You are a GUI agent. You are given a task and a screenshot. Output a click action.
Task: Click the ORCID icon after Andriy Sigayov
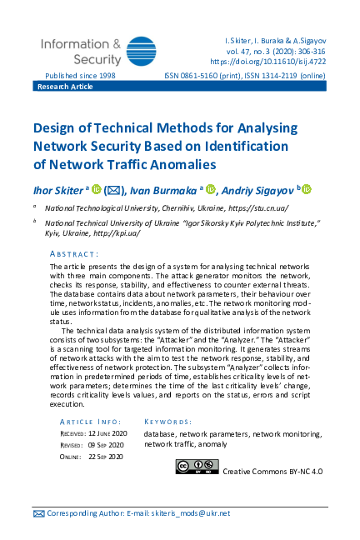click(306, 189)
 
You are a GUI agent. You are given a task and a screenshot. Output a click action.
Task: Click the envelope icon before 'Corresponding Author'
click(38, 514)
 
